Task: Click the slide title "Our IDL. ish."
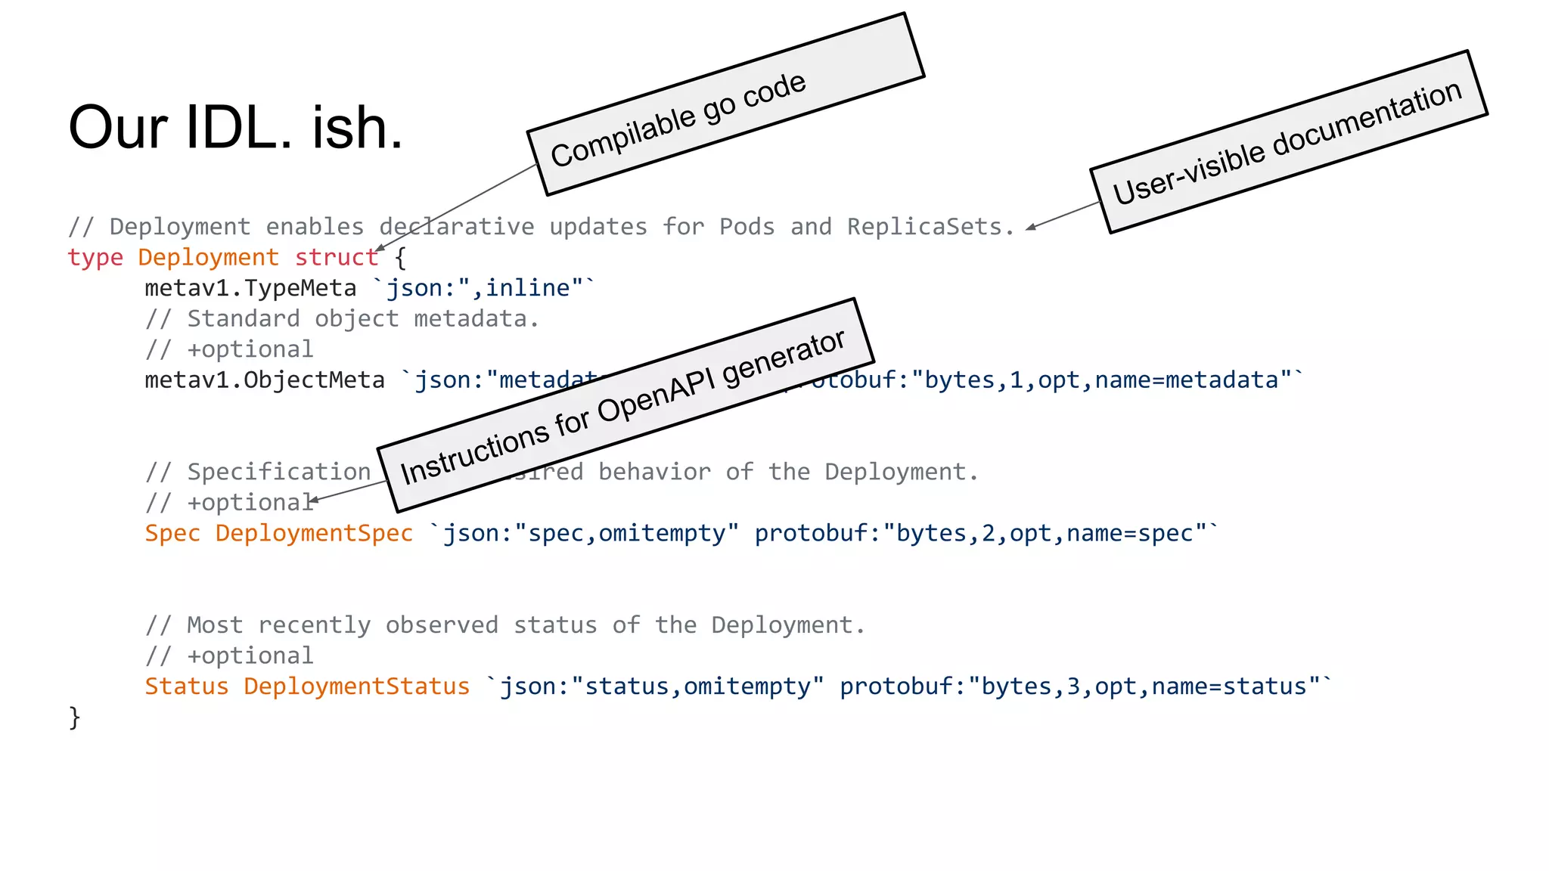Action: pyautogui.click(x=235, y=128)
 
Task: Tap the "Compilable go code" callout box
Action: pyautogui.click(x=726, y=104)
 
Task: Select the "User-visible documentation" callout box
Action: pyautogui.click(x=1289, y=142)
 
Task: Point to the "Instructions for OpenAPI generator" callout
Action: pyautogui.click(x=625, y=406)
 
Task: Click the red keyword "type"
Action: pyautogui.click(x=95, y=258)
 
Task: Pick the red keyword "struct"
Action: pyautogui.click(x=336, y=258)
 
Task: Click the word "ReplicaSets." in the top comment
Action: pyautogui.click(x=930, y=227)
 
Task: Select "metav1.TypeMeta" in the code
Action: pyautogui.click(x=250, y=288)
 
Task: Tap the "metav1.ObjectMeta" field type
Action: pyautogui.click(x=265, y=380)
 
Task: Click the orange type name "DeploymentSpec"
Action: pyautogui.click(x=314, y=533)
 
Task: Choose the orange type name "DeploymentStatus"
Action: pyautogui.click(x=356, y=687)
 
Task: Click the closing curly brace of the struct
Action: pyautogui.click(x=74, y=717)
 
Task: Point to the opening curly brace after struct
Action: pyautogui.click(x=400, y=259)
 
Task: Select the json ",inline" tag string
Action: pyautogui.click(x=484, y=288)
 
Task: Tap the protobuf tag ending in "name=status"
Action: pyautogui.click(x=1085, y=687)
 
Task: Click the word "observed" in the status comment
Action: pyautogui.click(x=442, y=625)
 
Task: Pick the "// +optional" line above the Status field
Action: pyautogui.click(x=229, y=656)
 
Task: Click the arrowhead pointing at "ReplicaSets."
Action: pyautogui.click(x=1031, y=227)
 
